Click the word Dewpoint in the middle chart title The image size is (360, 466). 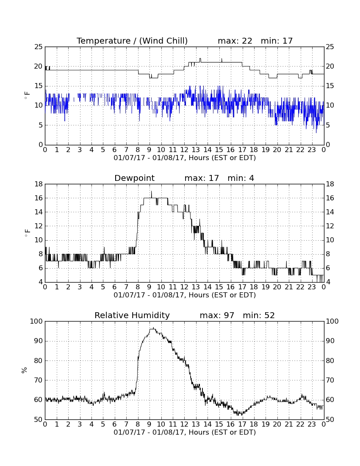coord(134,178)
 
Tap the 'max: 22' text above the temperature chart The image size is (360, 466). coord(235,41)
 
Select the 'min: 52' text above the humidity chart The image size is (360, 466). coord(259,315)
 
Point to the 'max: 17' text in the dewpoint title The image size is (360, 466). coord(202,178)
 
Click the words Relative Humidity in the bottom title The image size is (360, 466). coord(132,315)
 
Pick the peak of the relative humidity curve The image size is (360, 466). coord(153,327)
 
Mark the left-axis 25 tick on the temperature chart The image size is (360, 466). coord(39,47)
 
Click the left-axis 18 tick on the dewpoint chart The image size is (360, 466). coord(39,184)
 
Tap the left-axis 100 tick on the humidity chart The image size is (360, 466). coord(37,321)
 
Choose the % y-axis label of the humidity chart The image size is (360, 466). coord(25,370)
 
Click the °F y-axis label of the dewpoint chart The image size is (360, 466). coord(27,233)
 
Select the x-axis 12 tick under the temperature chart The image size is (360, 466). coord(184,150)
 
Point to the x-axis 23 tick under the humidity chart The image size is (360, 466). coord(312,424)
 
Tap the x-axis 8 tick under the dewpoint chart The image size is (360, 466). coord(138,287)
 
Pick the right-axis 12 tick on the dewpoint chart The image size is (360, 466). coord(330,226)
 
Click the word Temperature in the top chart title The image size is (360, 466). coord(104,41)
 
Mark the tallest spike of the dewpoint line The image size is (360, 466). coord(152,192)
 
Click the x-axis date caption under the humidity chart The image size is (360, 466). coord(185,432)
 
